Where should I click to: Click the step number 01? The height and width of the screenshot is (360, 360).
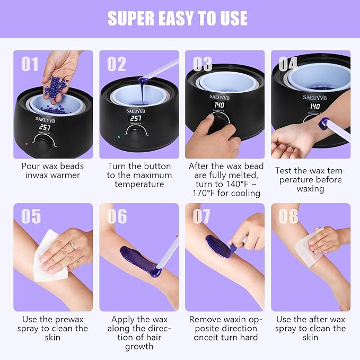30,64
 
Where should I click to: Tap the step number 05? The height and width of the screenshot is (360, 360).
30,216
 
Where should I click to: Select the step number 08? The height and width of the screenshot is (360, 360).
288,216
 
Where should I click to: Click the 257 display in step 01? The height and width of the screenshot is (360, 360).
44,127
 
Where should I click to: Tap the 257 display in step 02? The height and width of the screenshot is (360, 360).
135,118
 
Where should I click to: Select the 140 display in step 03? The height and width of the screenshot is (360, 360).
219,106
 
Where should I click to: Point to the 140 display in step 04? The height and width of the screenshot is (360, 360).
315,107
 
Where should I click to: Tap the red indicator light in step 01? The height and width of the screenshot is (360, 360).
25,144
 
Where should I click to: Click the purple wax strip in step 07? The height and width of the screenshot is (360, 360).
218,247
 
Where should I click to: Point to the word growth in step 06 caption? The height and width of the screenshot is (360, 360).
139,346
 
